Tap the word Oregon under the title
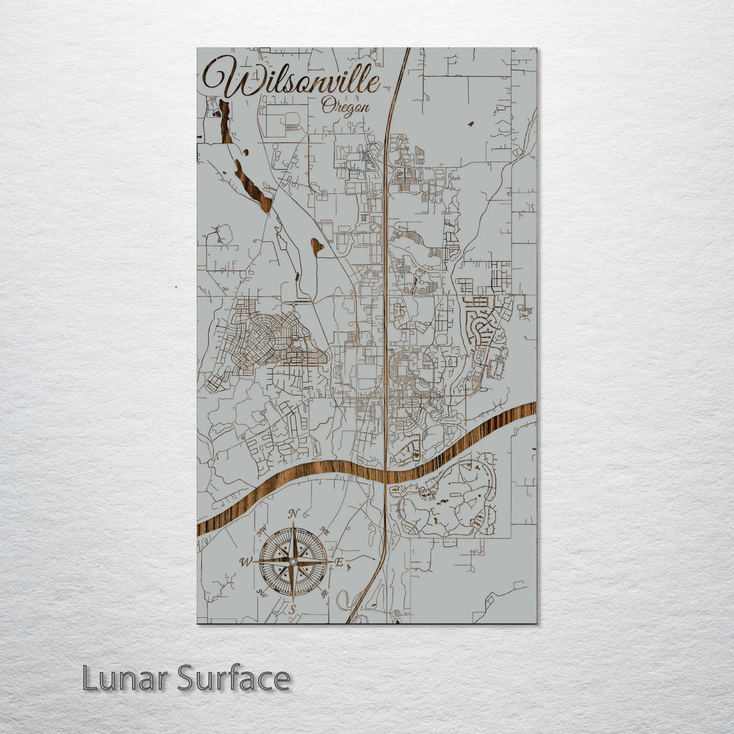(346, 107)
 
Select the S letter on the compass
(292, 610)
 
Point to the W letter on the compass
(245, 561)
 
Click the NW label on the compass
(262, 529)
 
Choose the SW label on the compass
(261, 593)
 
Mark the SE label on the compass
(324, 593)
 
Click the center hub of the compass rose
(293, 562)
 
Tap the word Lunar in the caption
(126, 679)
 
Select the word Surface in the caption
(234, 679)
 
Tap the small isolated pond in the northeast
(470, 124)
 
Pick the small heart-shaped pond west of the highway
(316, 245)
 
